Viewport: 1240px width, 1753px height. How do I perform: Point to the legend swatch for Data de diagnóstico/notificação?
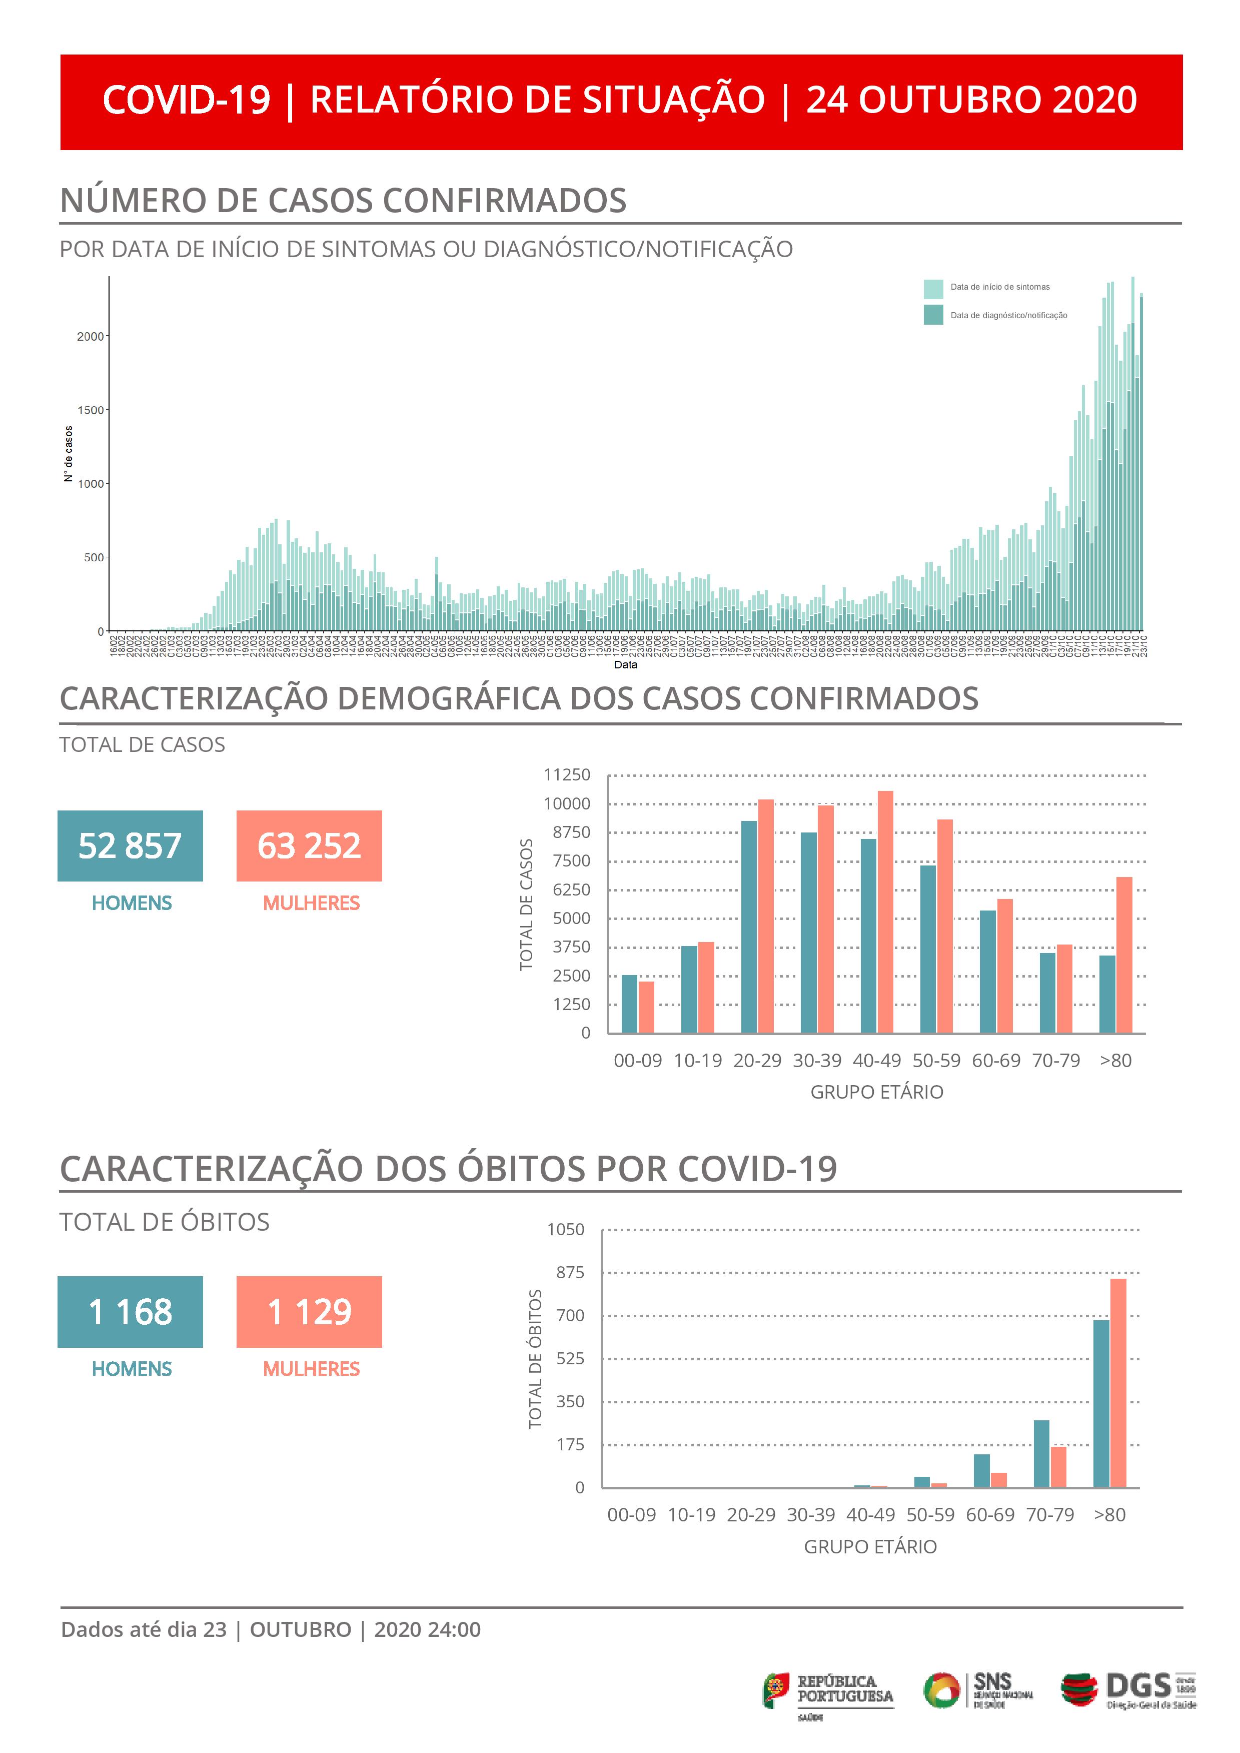point(933,315)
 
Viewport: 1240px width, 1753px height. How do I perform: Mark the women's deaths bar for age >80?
point(1118,1383)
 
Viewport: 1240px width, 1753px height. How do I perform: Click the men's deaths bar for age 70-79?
point(1041,1454)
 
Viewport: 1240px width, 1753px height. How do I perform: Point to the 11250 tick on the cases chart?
point(567,775)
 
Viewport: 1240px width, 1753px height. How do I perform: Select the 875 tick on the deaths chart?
point(570,1272)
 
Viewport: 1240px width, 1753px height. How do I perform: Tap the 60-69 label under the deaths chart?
point(990,1515)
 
